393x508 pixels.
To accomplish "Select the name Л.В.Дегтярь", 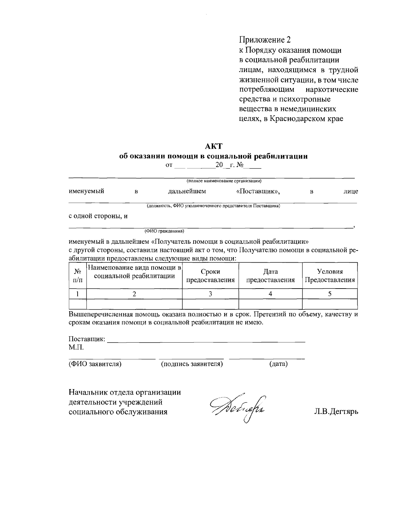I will (x=336, y=411).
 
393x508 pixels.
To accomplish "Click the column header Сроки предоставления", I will (x=210, y=276).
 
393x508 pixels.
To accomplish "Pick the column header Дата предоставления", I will (x=270, y=276).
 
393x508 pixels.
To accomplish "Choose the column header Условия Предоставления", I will (x=330, y=276).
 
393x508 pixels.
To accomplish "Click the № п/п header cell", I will (x=78, y=276).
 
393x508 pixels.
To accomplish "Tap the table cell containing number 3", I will (x=210, y=294).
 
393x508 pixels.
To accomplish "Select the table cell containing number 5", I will (x=330, y=294).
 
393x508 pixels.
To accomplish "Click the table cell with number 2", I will (x=134, y=294).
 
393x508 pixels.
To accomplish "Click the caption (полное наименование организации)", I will (x=224, y=181).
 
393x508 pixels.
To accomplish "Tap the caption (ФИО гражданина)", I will (x=164, y=231).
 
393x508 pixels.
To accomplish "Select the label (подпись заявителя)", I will (x=192, y=364).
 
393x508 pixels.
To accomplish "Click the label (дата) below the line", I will (x=278, y=364).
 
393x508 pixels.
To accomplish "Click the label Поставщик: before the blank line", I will (x=87, y=339).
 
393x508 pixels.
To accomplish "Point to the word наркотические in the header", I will (x=332, y=89).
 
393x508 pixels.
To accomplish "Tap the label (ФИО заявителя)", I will (x=95, y=364).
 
